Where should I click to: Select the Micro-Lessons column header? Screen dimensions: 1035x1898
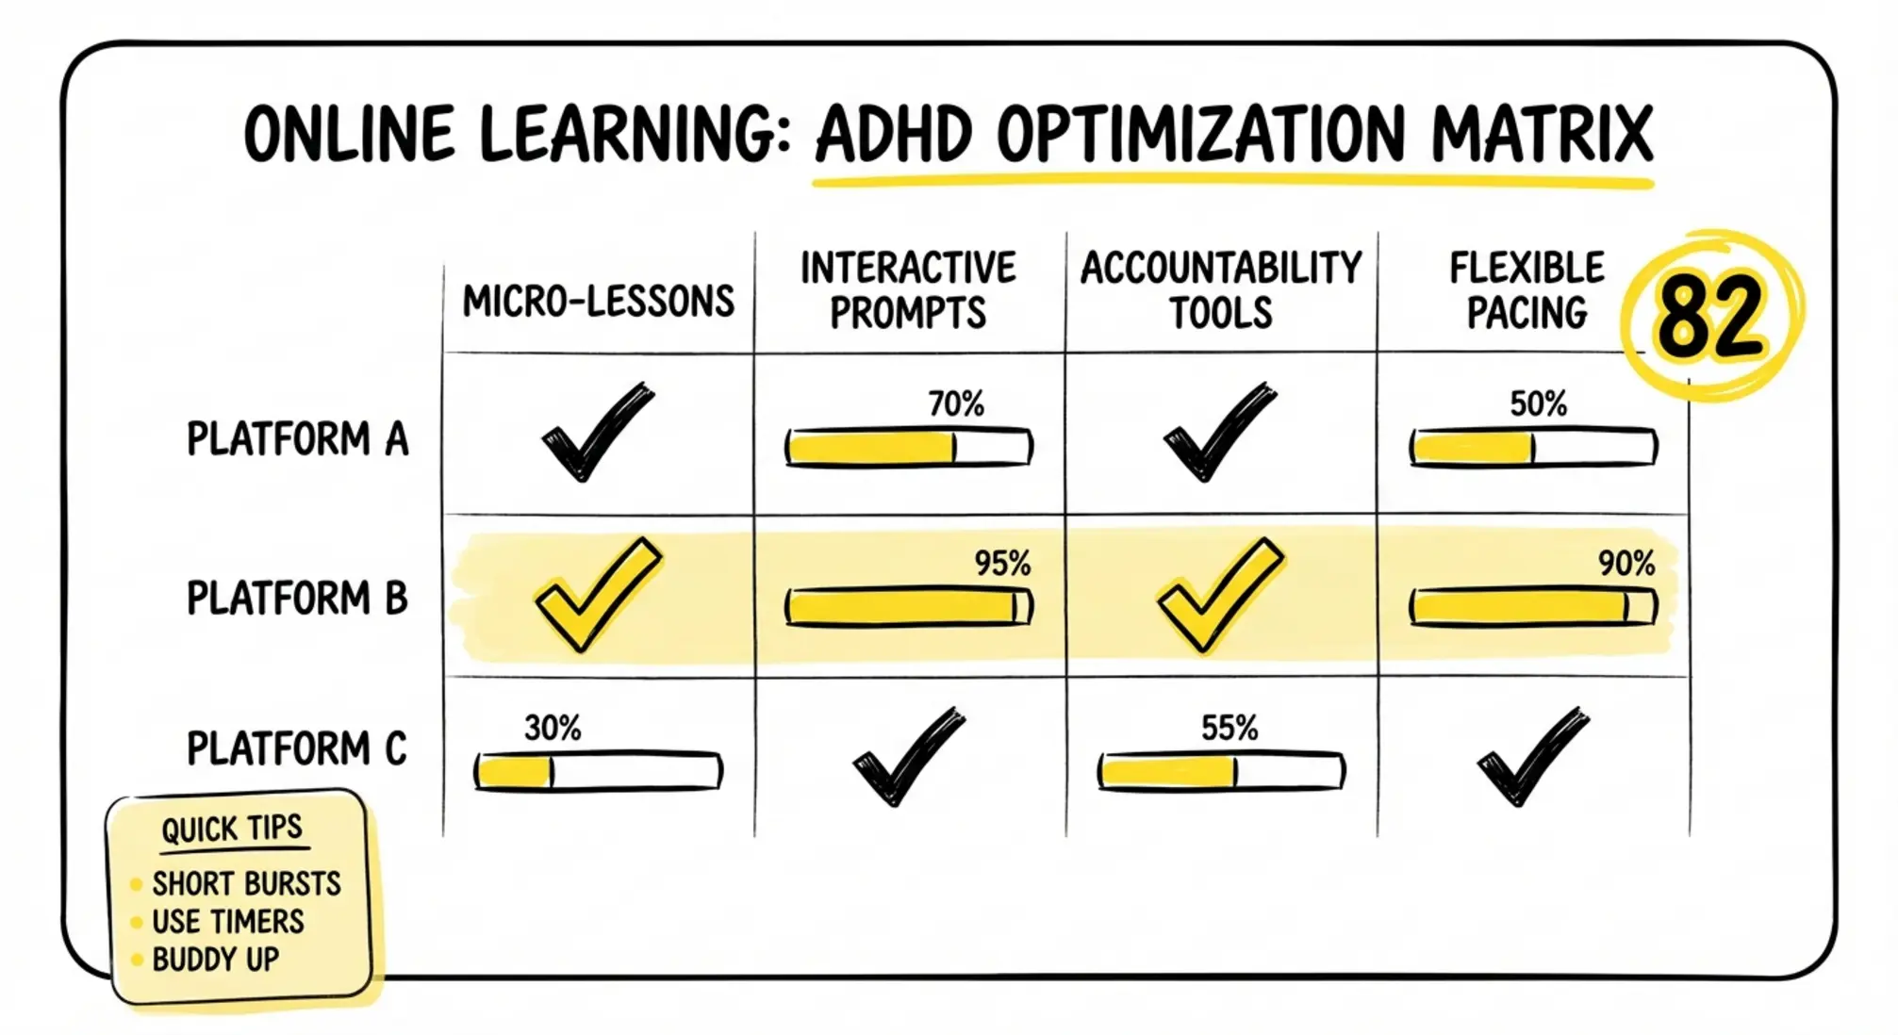coord(598,302)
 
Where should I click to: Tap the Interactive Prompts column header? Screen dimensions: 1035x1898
coord(908,289)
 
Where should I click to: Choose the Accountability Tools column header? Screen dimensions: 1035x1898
coord(1221,289)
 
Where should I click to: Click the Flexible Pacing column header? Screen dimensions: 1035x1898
coord(1527,289)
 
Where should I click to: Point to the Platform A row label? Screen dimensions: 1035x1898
coord(297,439)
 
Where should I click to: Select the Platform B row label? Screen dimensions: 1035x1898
coord(297,599)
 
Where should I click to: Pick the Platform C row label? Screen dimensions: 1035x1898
coord(297,749)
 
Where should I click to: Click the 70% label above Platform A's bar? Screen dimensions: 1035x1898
coord(955,404)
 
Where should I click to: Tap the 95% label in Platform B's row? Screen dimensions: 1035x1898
coord(1002,564)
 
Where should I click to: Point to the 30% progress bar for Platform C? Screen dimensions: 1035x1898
coord(598,772)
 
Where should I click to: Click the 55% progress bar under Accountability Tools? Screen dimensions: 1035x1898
coord(1221,772)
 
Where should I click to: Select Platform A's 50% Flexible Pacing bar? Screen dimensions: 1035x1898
coord(1533,448)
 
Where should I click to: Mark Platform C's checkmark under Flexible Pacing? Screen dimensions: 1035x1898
coord(1531,756)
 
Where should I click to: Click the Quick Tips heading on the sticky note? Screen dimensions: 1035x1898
coord(232,830)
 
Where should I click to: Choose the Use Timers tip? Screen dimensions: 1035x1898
coord(228,921)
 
